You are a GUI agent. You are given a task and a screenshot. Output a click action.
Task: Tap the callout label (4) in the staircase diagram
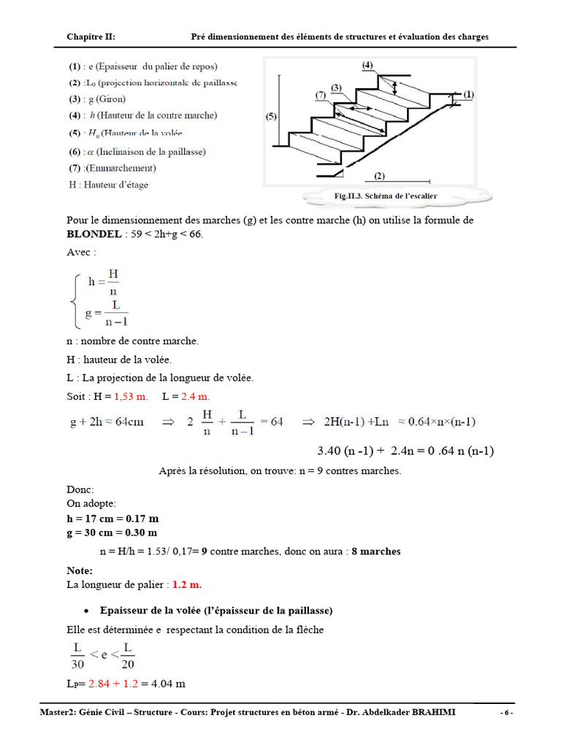pos(366,65)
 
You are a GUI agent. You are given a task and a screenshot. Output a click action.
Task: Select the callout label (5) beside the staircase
pos(272,116)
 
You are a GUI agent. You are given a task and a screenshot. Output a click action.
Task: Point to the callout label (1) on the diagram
pos(468,94)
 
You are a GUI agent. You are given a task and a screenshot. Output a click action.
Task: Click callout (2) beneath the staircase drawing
pos(379,176)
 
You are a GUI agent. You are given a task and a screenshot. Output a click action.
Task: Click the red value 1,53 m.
pos(131,396)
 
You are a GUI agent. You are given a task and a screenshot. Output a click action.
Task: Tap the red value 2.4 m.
pos(195,396)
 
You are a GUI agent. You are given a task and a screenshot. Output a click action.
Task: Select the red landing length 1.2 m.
pos(186,585)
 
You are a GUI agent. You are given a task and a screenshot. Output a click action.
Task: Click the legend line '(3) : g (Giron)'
pos(98,99)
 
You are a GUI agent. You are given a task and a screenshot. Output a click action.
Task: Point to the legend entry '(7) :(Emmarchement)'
pos(112,168)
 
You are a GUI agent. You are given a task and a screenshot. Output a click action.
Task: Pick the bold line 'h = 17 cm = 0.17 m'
pos(112,519)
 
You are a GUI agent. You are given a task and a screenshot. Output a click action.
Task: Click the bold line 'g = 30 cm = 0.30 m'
pos(112,533)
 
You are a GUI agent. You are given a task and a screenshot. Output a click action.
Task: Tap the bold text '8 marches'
pos(375,551)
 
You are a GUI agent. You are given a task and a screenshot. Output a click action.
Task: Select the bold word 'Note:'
pos(80,570)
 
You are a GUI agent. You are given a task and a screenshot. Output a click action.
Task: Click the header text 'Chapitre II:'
pos(91,36)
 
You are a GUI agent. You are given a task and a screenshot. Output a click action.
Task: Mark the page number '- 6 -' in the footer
pos(506,712)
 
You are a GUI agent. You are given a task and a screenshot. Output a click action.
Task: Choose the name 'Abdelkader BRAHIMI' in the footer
pos(410,712)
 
